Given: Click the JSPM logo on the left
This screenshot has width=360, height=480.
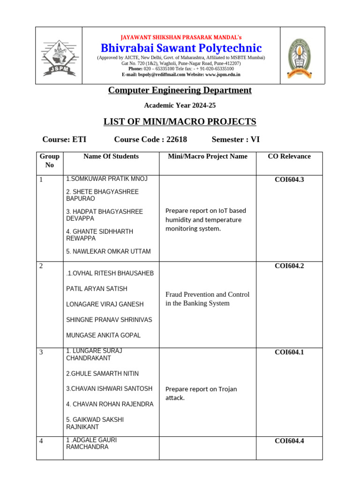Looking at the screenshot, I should tap(59, 56).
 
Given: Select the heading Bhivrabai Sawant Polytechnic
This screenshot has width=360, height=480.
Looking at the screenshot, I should tap(181, 48).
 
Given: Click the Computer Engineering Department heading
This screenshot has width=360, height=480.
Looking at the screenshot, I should tap(180, 90).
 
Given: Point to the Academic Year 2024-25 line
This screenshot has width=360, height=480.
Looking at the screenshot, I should tap(180, 105).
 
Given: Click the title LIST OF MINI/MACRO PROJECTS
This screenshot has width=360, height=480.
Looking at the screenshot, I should tap(180, 122).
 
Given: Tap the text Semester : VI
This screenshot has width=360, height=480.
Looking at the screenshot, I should tap(235, 139).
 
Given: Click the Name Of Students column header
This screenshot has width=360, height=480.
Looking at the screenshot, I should tap(111, 157).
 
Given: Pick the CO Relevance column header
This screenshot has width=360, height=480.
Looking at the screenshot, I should tap(289, 157).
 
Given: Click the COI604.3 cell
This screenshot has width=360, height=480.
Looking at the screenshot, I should tap(289, 179).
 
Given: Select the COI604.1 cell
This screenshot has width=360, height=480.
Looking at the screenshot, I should tap(289, 352).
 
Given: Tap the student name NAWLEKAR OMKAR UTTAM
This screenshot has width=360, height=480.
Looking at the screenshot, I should tap(108, 252).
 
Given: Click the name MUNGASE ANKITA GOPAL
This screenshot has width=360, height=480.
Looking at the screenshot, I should tap(103, 335).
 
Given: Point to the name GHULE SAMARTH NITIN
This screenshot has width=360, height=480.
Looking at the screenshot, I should tap(102, 374).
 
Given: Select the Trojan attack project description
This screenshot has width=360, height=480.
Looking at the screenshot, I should tap(201, 393).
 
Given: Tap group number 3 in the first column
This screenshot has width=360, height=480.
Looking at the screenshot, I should tap(41, 352).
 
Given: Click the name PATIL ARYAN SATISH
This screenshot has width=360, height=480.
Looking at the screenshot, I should tap(97, 289).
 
